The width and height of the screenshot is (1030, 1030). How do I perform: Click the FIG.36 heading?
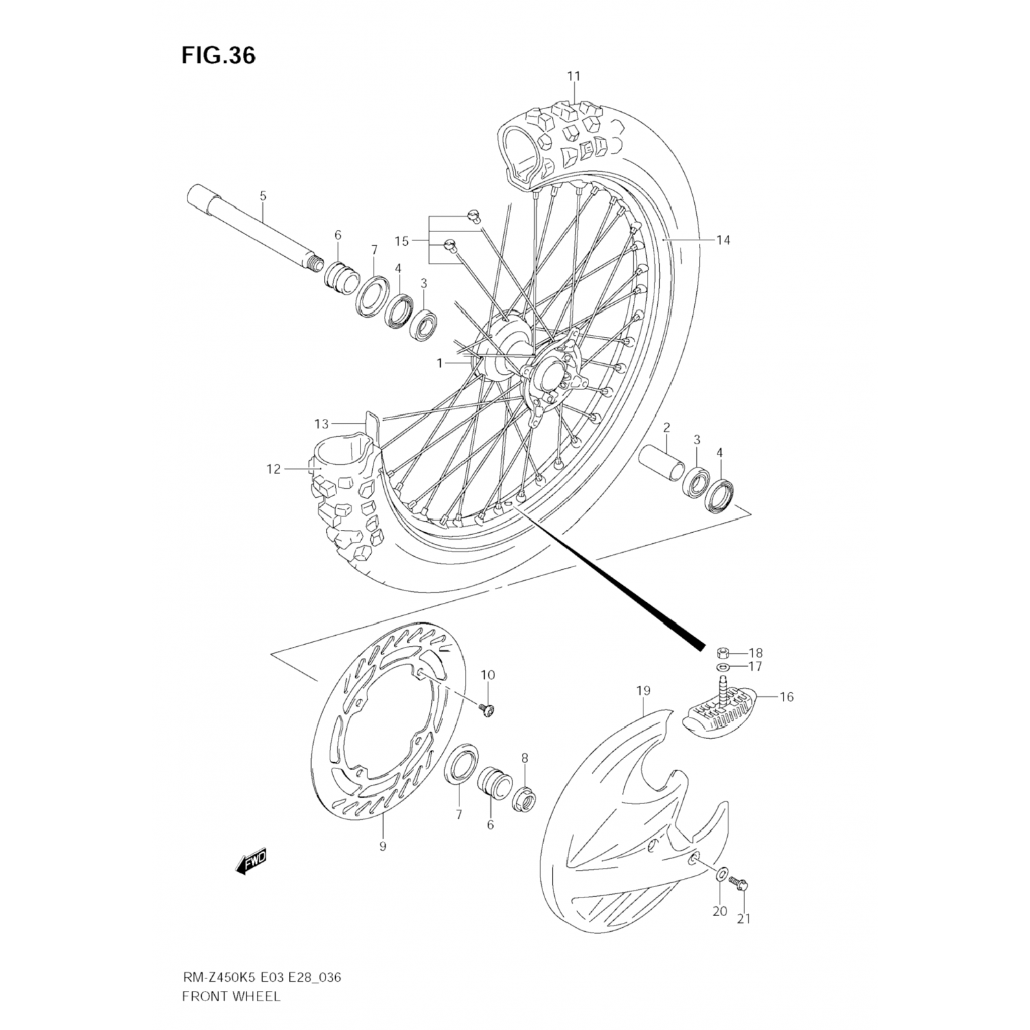(218, 56)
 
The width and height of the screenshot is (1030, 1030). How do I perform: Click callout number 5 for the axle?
(263, 196)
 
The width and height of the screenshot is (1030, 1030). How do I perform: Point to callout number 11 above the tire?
(574, 76)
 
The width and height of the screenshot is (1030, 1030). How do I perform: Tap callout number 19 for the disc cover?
(643, 690)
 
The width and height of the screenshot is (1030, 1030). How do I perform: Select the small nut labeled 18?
(722, 652)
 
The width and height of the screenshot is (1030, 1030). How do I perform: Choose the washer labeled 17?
(722, 667)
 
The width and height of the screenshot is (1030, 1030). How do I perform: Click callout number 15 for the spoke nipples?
(402, 241)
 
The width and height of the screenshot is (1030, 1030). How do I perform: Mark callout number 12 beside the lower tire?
(274, 469)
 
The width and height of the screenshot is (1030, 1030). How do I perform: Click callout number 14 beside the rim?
(722, 240)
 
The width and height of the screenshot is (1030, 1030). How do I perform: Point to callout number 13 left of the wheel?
(322, 424)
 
